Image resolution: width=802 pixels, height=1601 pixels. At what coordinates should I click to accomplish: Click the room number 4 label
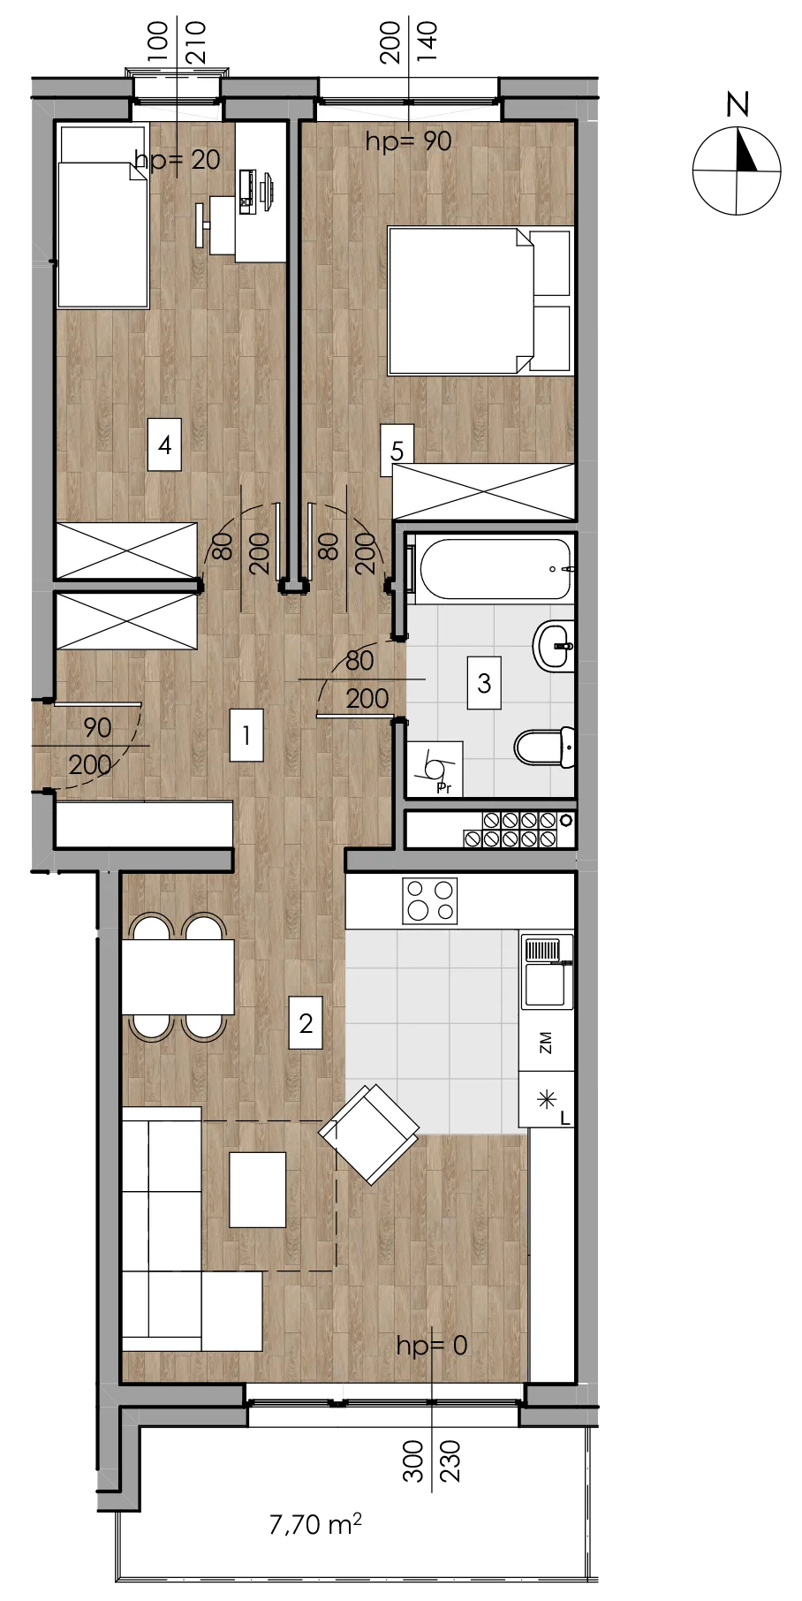point(164,444)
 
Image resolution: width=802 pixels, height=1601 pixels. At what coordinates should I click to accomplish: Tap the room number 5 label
point(397,451)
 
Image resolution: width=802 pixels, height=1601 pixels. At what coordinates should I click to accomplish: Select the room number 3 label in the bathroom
point(484,682)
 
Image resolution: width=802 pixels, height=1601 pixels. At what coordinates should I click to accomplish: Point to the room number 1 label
point(246,735)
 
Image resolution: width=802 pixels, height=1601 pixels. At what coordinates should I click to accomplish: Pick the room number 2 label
point(306,1023)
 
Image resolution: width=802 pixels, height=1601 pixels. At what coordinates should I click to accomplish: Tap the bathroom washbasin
point(554,646)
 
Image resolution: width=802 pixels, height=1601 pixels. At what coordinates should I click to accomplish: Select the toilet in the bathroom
point(545,747)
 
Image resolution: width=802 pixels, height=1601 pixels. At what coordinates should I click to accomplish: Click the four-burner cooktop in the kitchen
point(430,900)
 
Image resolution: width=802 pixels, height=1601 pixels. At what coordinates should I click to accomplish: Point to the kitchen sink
point(544,972)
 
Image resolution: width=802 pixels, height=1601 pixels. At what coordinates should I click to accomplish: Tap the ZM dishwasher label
point(545,1043)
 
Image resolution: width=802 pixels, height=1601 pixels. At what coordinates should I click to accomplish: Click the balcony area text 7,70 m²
point(315,1523)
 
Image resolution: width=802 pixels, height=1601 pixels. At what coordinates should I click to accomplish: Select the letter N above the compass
point(738,104)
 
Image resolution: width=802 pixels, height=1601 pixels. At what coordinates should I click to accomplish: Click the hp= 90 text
point(408,140)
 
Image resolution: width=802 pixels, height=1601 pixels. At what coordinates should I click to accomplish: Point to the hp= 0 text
point(431,1345)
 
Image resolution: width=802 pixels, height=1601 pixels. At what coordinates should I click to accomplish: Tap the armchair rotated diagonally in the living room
point(369,1134)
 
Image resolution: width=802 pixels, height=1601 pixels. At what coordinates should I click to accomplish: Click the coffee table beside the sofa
point(258,1189)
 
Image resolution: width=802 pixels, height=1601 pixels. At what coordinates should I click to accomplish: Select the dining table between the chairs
point(178,977)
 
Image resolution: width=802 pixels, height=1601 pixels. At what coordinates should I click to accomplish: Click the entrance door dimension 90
point(97,728)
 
